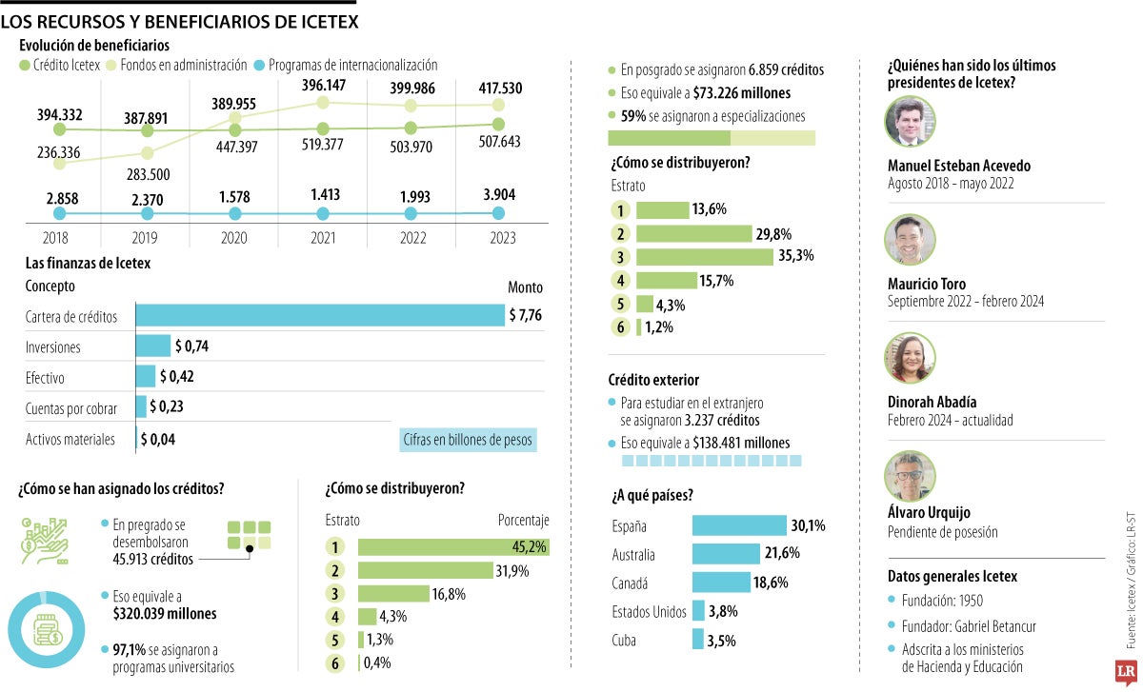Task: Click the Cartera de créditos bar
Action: (320, 316)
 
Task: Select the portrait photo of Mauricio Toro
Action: (910, 239)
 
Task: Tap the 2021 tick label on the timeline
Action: (323, 238)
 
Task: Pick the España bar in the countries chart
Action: (739, 525)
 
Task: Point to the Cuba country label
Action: (624, 641)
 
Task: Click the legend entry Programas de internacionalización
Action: (352, 66)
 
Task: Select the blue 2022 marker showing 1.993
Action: (411, 214)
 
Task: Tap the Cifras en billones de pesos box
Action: (468, 440)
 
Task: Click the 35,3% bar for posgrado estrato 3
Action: (705, 256)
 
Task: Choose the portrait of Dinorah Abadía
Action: (910, 357)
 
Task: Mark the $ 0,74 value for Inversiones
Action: (191, 346)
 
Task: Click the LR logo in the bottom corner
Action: (1125, 670)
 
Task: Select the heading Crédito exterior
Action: (653, 380)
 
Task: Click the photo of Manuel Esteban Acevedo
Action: (910, 122)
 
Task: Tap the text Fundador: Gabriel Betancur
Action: (969, 626)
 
